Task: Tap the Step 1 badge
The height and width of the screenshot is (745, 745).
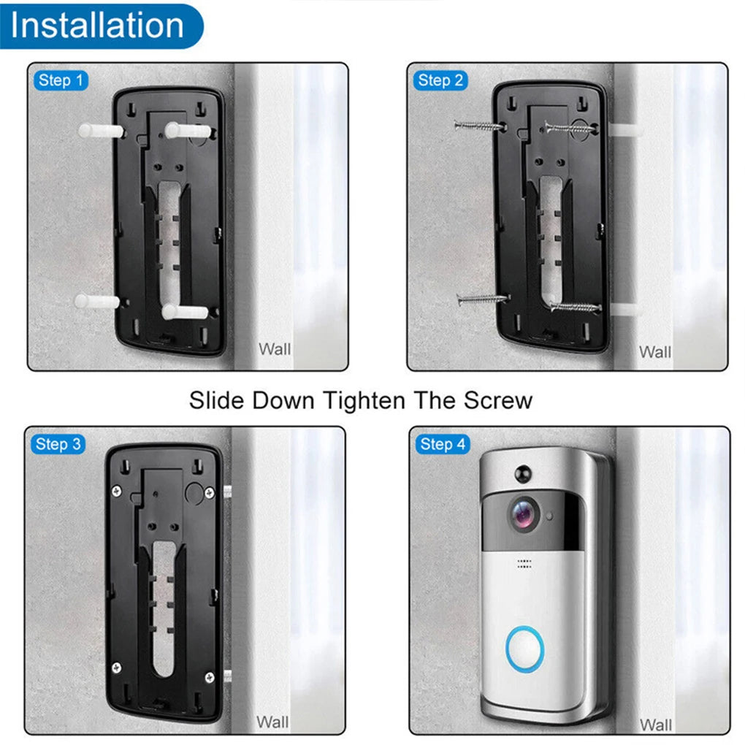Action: click(61, 80)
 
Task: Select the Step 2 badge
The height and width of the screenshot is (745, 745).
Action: click(440, 80)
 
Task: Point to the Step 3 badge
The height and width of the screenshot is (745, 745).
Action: click(58, 444)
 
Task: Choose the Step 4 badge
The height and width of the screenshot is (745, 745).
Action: click(443, 444)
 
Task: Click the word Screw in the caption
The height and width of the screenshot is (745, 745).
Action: click(498, 400)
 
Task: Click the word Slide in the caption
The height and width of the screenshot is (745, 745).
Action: click(218, 400)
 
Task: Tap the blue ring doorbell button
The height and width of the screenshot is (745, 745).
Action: click(524, 649)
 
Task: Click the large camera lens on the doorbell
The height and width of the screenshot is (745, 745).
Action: click(525, 515)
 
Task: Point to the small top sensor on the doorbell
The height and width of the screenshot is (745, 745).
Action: click(523, 474)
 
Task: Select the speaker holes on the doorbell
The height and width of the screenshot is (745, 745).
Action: click(524, 564)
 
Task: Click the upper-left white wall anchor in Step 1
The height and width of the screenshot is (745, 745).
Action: click(102, 131)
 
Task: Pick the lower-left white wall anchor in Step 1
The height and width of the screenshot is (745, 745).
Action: click(97, 301)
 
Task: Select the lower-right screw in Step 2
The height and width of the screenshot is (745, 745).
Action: click(576, 307)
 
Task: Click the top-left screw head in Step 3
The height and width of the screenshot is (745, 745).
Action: click(116, 491)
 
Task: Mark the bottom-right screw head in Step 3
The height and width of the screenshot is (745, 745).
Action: click(209, 678)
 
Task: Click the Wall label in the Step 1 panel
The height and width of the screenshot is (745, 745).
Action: click(275, 349)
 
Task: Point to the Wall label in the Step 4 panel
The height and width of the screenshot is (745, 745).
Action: click(656, 725)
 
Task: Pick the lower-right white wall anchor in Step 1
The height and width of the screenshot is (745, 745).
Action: click(185, 312)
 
